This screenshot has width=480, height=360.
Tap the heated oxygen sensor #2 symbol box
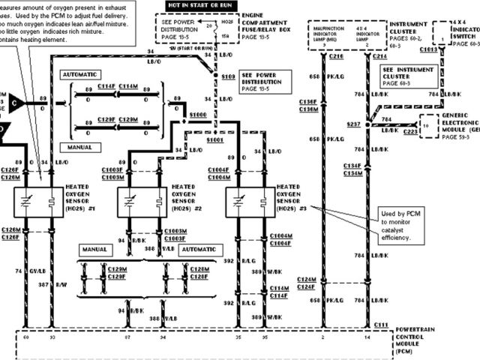point(142,202)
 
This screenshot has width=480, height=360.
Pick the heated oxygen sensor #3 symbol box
point(250,202)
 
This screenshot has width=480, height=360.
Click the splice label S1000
point(198,114)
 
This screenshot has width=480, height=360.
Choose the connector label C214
point(381,56)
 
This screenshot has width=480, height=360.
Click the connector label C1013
point(428,49)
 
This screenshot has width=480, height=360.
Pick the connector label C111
point(382,324)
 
